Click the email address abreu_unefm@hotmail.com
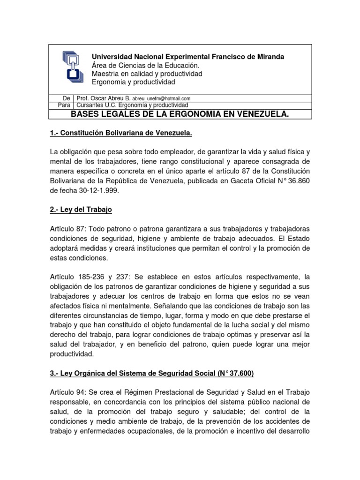click(161, 99)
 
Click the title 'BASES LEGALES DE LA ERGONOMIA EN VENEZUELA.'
click(180, 114)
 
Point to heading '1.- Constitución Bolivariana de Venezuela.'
click(121, 134)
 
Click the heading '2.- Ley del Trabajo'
click(81, 210)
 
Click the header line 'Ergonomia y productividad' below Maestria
click(133, 82)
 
